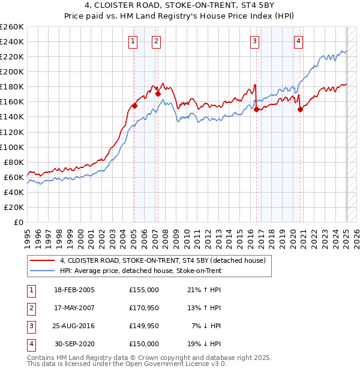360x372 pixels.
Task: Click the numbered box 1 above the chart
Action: click(x=132, y=41)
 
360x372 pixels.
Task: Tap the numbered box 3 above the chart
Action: click(x=255, y=41)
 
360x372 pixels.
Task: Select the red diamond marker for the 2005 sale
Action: click(x=134, y=106)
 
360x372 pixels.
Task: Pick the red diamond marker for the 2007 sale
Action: click(x=158, y=94)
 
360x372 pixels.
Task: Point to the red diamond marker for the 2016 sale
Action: click(x=256, y=110)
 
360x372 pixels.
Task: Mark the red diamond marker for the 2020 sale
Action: click(x=300, y=109)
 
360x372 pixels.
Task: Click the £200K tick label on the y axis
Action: click(x=12, y=71)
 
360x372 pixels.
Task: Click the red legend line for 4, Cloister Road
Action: click(x=42, y=260)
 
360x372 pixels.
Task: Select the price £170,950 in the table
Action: click(x=143, y=308)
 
